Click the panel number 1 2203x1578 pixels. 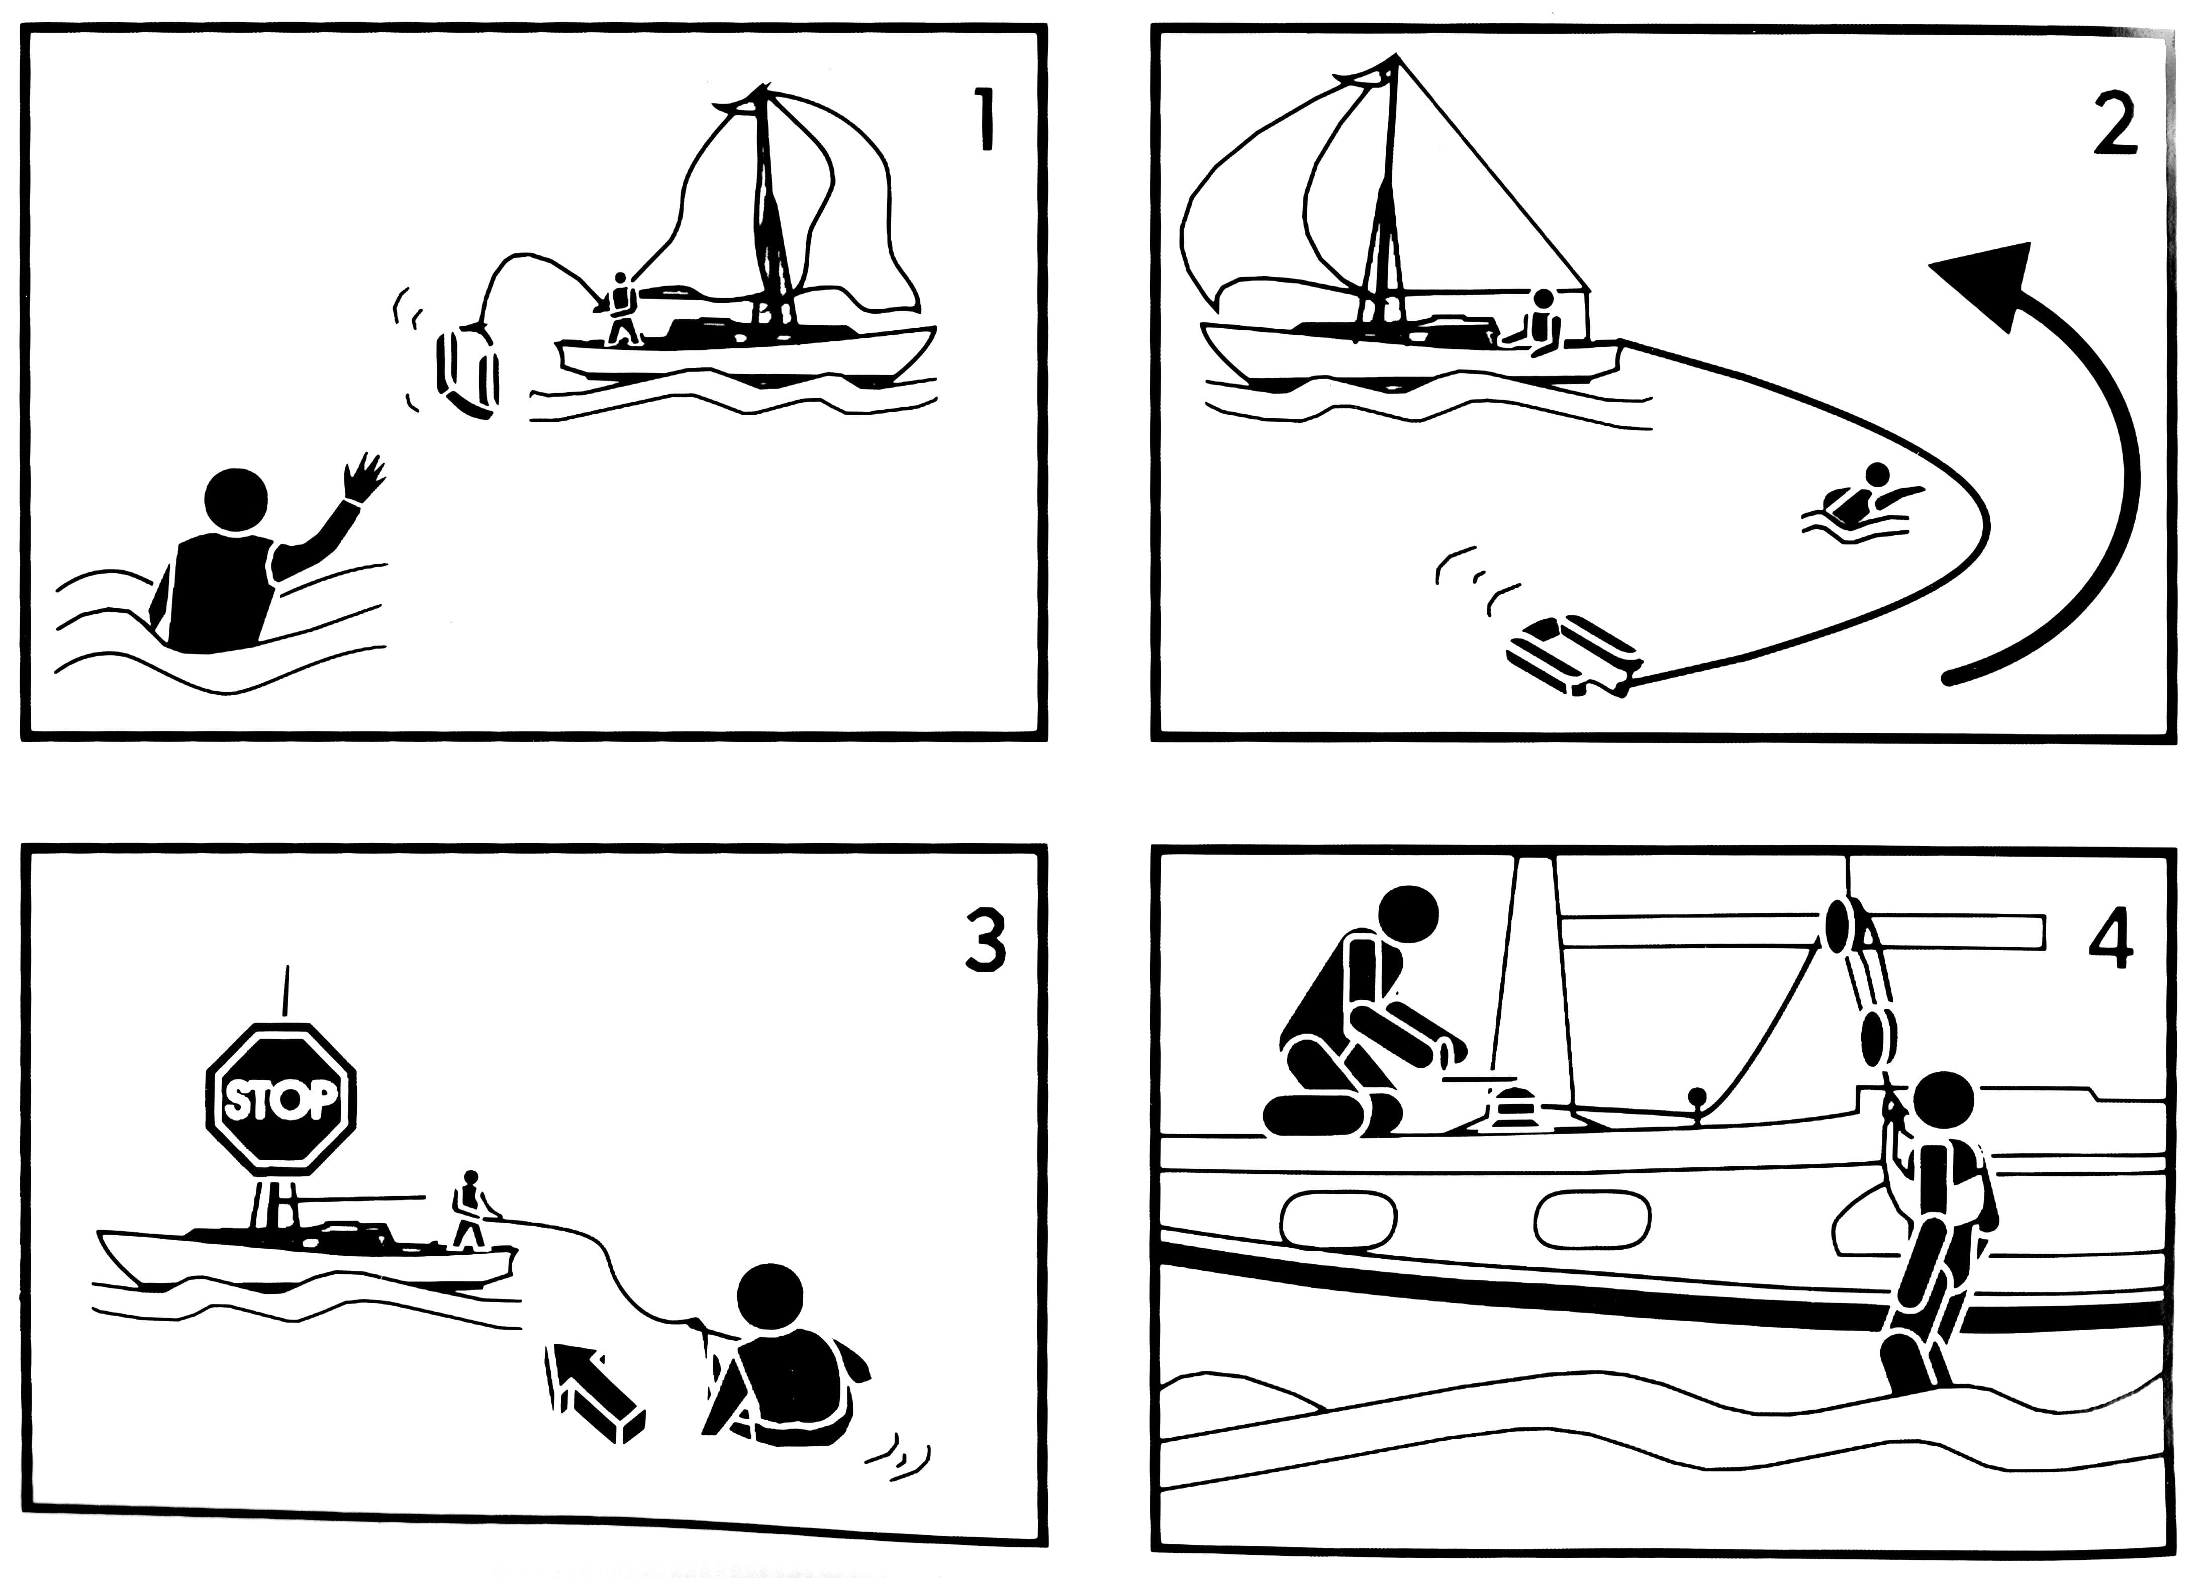click(985, 121)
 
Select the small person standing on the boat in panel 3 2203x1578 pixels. click(471, 1209)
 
